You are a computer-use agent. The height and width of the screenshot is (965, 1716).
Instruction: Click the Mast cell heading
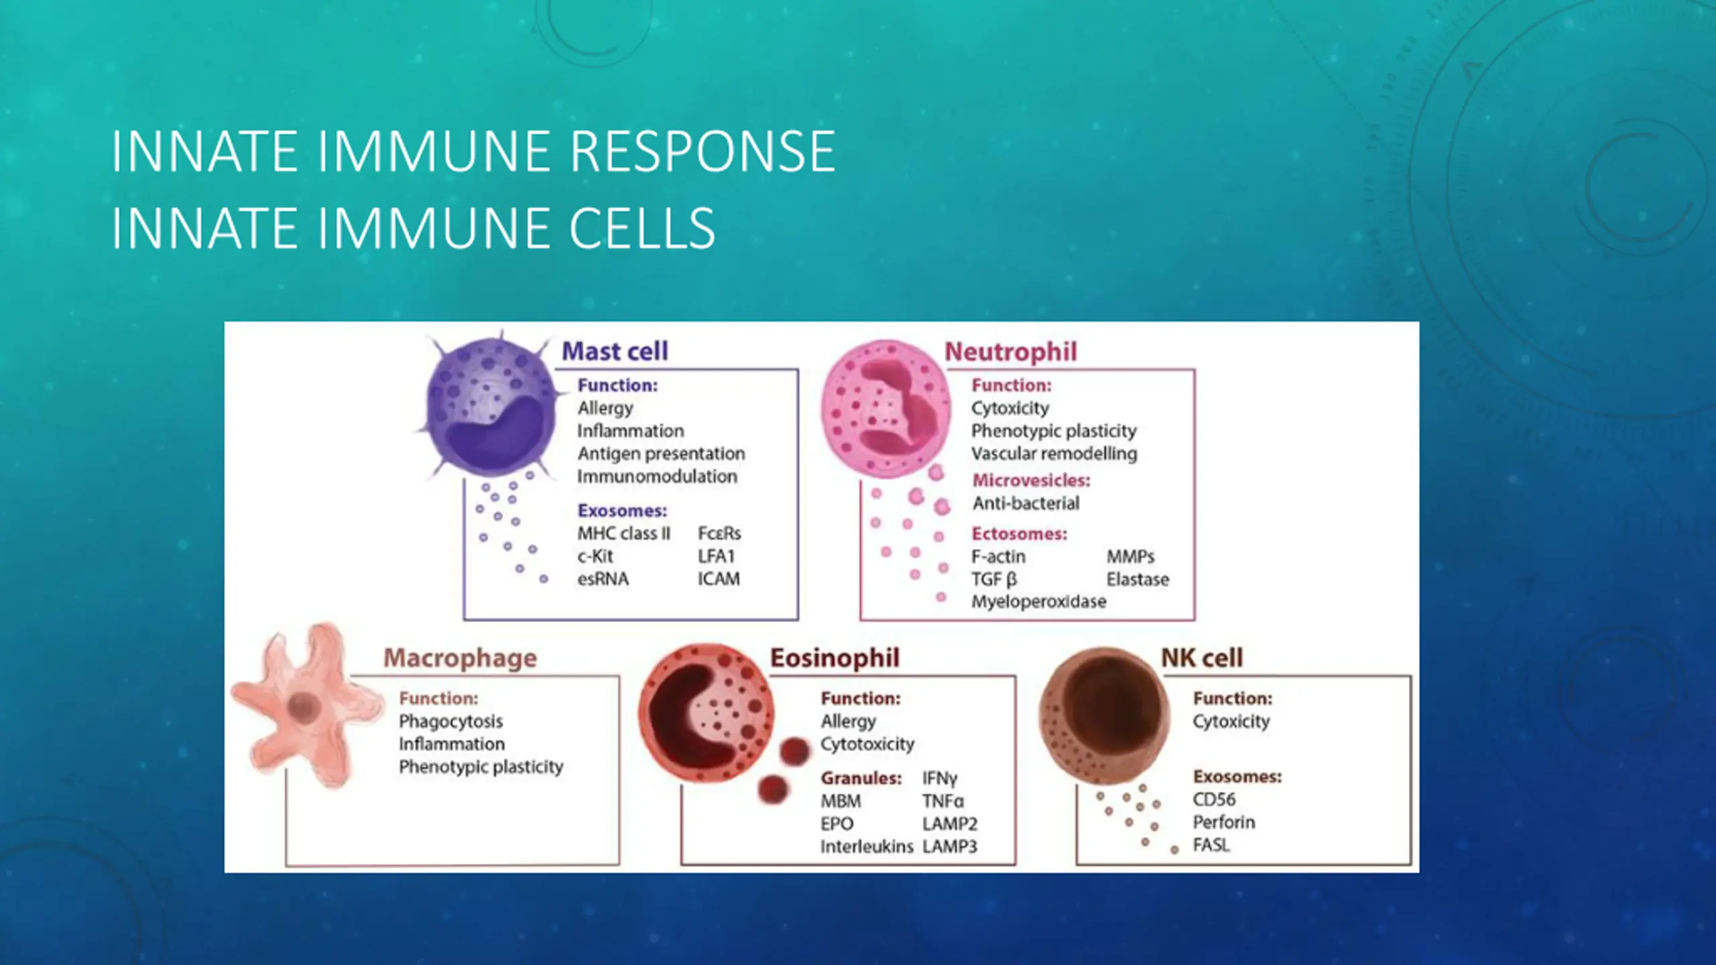coord(615,351)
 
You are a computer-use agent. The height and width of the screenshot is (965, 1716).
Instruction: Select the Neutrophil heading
coord(1010,352)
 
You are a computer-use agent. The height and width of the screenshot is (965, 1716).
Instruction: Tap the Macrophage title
coord(460,658)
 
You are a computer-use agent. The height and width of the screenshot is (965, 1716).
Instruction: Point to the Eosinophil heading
coord(835,658)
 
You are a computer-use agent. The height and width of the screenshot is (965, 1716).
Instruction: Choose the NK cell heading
coord(1202,658)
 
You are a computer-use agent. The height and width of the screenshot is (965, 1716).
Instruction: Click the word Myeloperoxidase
coord(1038,602)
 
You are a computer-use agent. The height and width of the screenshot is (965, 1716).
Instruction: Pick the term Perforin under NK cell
coord(1223,822)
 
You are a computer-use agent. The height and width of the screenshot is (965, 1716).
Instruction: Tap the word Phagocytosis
coord(450,722)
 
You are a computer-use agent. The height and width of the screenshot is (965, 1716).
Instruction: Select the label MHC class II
coord(623,533)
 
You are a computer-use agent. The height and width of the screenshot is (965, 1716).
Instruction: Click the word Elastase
coord(1138,580)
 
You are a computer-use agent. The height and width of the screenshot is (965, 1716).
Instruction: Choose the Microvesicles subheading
coord(1031,480)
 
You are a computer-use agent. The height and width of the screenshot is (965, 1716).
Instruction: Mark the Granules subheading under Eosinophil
coord(861,779)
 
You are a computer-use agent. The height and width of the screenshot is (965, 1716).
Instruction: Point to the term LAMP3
coord(949,847)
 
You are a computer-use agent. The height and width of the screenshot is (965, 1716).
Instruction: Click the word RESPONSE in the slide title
coord(702,151)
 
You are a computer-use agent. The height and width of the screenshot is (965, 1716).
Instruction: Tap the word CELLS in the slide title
coord(641,228)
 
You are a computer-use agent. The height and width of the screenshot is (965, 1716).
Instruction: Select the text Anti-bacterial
coord(1026,503)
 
